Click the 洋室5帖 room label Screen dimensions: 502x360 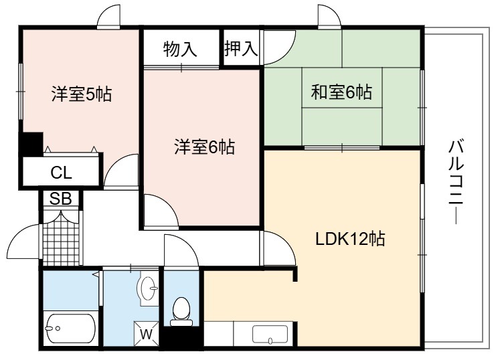tap(82, 94)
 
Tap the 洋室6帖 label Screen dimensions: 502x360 tap(205, 147)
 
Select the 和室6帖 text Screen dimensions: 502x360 tap(341, 92)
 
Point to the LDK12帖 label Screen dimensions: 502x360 tap(350, 238)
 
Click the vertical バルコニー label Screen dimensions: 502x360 tap(456, 182)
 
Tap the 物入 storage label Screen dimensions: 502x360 tap(180, 50)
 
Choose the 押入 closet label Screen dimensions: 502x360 tap(241, 49)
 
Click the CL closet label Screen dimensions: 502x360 tap(61, 173)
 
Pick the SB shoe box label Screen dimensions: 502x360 tap(60, 199)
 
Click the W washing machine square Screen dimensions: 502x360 tap(147, 334)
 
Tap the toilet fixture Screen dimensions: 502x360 tap(181, 311)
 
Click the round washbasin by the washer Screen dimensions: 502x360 tap(148, 288)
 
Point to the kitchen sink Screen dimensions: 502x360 tap(270, 335)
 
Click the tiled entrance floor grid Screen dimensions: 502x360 tap(61, 243)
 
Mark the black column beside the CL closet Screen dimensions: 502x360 tap(32, 144)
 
